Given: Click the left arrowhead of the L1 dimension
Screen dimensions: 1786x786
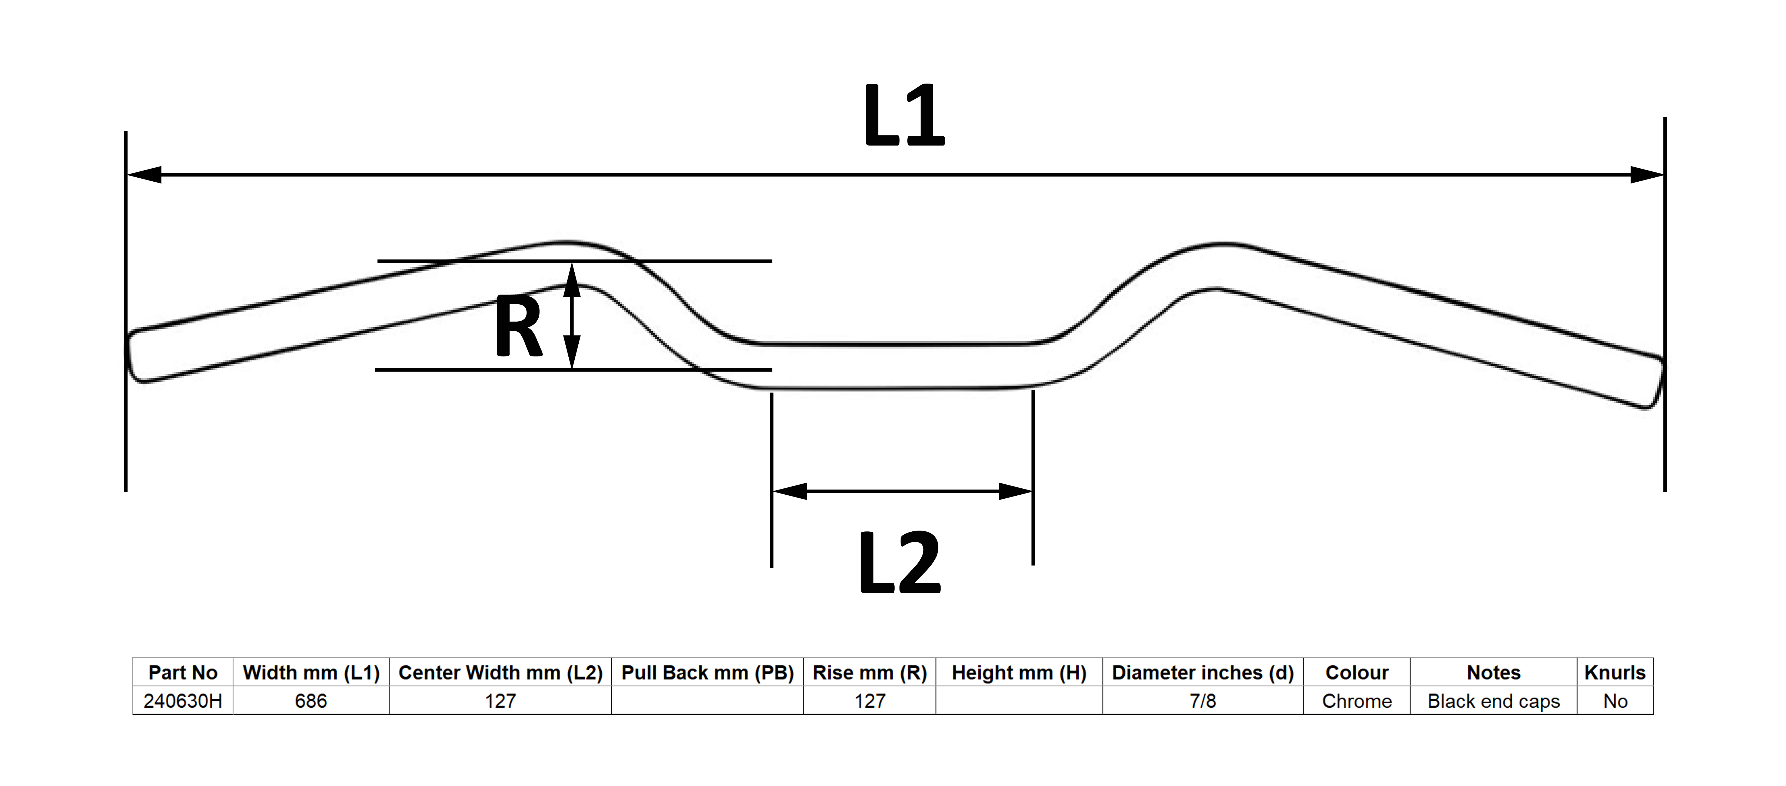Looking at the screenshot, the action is click(x=144, y=175).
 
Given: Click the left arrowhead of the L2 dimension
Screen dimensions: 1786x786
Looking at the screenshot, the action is click(x=790, y=491).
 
